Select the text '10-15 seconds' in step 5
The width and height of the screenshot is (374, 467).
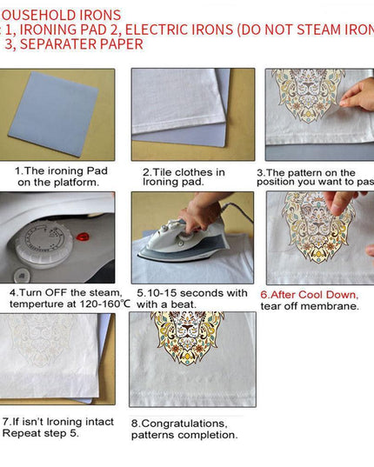190,293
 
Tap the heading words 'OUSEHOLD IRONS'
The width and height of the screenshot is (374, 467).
60,13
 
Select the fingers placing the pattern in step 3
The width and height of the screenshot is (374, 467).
357,94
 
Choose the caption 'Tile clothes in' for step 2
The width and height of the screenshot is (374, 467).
183,171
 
